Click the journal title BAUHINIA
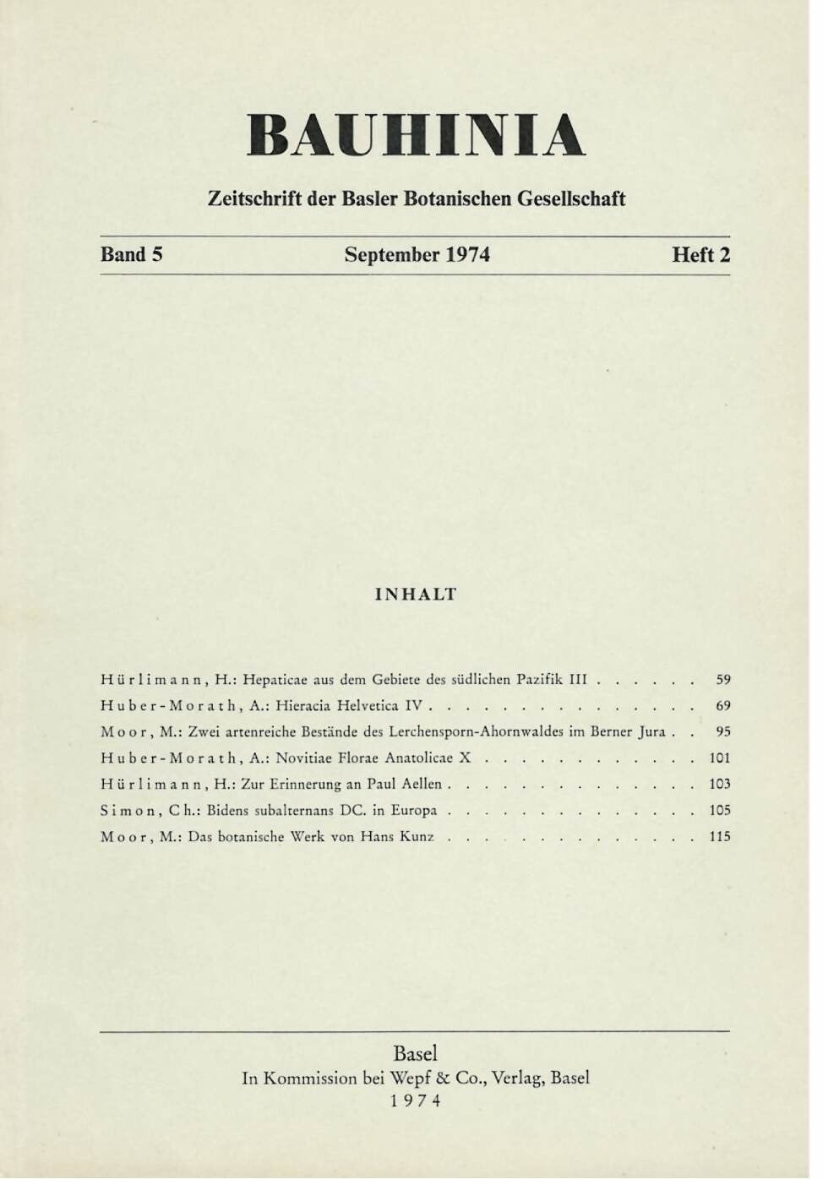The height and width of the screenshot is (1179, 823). [x=416, y=135]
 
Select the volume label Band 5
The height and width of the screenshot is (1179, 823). [x=131, y=255]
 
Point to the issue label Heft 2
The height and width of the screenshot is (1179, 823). [x=700, y=255]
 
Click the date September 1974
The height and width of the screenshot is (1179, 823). [x=417, y=255]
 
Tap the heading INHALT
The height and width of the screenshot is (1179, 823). [x=415, y=594]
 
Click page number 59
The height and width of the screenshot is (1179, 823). [x=723, y=678]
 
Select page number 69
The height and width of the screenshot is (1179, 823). [x=723, y=704]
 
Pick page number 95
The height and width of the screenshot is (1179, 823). [x=723, y=731]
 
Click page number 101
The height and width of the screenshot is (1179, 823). [x=720, y=758]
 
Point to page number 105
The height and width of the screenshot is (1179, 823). [x=720, y=810]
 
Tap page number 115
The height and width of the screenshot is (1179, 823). [x=720, y=837]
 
